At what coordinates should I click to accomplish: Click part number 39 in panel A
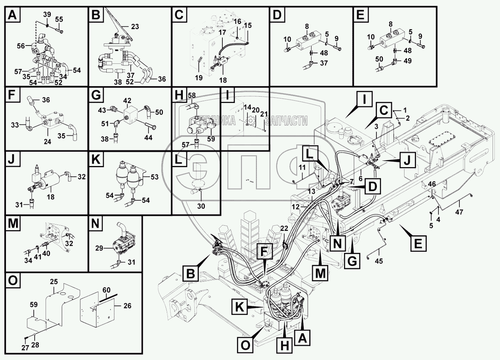coord(47,14)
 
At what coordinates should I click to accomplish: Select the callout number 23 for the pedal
coord(135,26)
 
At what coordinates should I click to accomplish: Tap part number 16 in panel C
coord(238,21)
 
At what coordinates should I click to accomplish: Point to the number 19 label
coord(199,78)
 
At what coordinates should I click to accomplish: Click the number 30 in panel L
coord(201,206)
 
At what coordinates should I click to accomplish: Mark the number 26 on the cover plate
coord(127,306)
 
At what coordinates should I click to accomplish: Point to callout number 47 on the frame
coord(459,212)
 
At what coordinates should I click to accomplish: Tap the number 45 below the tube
coord(379,262)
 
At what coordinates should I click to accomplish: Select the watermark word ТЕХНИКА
coord(216,120)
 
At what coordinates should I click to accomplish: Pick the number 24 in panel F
coord(47,142)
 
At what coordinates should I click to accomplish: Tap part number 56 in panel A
coord(21,46)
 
